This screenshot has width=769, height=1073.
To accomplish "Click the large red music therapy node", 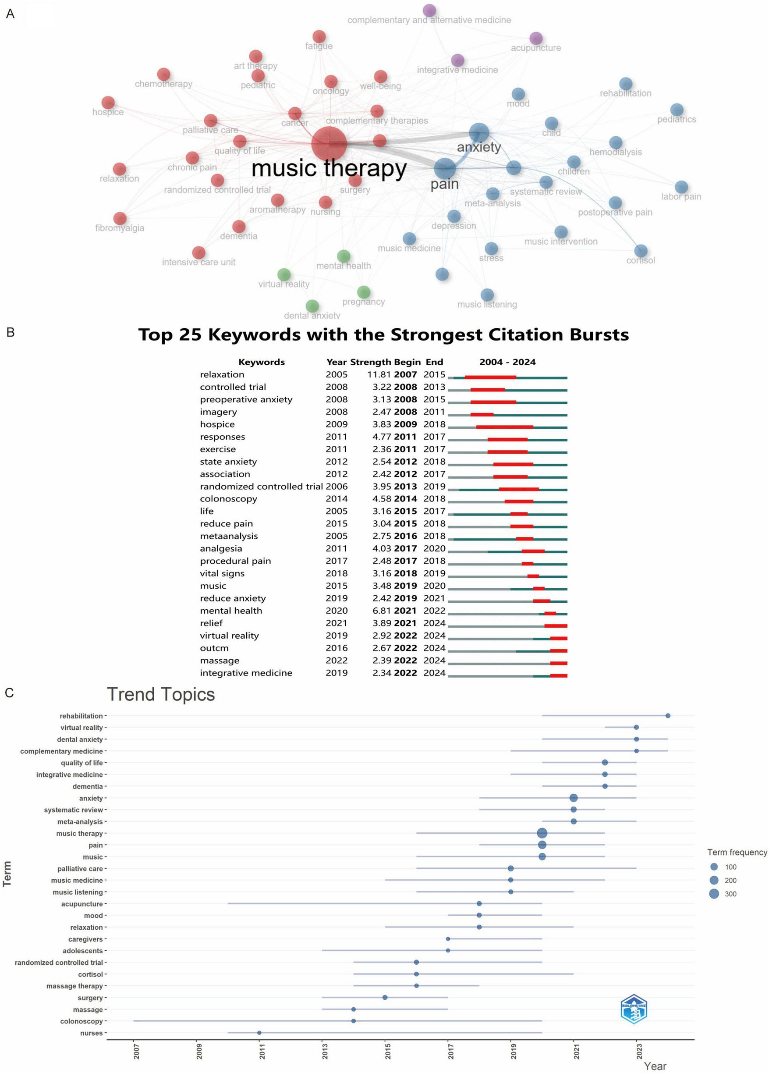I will click(x=329, y=144).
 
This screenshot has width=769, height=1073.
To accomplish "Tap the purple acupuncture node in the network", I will click(x=536, y=38).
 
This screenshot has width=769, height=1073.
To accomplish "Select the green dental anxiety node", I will click(x=312, y=306).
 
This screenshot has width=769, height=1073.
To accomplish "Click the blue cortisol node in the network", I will click(x=641, y=251).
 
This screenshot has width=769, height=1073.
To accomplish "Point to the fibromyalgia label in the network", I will click(x=120, y=228).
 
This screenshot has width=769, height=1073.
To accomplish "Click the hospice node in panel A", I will click(x=108, y=103).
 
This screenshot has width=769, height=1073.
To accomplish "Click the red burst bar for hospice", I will click(x=505, y=427).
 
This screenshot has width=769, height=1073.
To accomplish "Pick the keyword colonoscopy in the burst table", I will click(x=228, y=499).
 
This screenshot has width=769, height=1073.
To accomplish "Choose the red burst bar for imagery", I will click(x=482, y=415).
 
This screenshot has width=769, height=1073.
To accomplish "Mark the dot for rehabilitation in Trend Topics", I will click(x=668, y=716).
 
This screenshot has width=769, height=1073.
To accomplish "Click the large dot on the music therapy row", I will click(x=542, y=833).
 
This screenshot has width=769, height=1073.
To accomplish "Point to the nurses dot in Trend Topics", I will click(x=259, y=1033).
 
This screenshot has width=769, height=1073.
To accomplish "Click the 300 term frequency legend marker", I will click(x=714, y=894).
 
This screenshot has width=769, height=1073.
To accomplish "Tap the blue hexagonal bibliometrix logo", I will click(x=634, y=1009).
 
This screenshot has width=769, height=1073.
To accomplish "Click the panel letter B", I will click(x=11, y=332).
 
